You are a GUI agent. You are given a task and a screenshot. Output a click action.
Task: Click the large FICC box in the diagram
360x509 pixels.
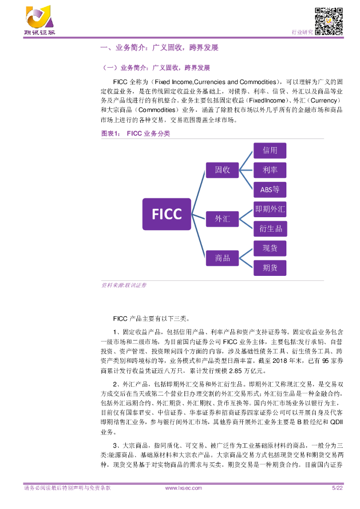(167, 214)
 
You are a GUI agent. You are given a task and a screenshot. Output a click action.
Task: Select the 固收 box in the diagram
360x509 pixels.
(222, 170)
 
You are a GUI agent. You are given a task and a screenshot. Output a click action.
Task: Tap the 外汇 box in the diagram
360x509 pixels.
(222, 219)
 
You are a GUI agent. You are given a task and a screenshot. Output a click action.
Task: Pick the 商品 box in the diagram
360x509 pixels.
(222, 258)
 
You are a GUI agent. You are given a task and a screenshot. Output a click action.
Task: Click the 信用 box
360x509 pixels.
(270, 151)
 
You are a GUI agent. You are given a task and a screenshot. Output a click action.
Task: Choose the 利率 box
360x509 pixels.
(270, 170)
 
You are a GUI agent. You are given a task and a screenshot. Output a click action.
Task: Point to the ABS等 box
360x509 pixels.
(270, 189)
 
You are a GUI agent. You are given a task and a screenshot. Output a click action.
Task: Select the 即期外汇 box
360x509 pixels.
(270, 209)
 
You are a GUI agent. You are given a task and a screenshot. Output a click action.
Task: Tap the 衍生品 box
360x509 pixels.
(270, 229)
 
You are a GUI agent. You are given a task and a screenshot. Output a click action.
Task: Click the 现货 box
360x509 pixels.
(270, 248)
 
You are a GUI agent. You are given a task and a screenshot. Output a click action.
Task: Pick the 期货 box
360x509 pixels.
(270, 268)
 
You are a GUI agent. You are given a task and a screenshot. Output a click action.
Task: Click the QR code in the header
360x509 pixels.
(329, 22)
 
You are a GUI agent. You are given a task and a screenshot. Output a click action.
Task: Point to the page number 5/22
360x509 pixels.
(337, 488)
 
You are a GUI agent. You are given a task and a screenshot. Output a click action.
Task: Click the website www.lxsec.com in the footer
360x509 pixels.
(183, 488)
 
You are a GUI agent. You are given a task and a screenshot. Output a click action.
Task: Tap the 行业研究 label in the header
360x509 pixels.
(302, 32)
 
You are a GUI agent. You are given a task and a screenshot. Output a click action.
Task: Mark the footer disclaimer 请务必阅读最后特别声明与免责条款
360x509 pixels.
(67, 488)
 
